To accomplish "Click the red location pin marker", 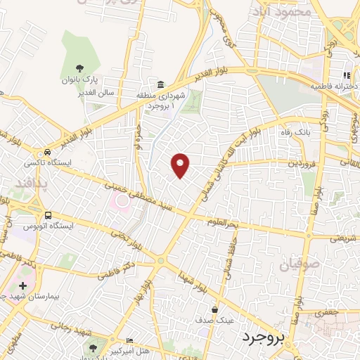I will [x=181, y=165].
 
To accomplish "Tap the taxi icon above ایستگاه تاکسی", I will [x=47, y=151].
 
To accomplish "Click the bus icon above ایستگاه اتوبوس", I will [x=47, y=215].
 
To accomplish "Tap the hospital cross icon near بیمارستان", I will [x=23, y=285].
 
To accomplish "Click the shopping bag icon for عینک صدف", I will [x=215, y=309].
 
